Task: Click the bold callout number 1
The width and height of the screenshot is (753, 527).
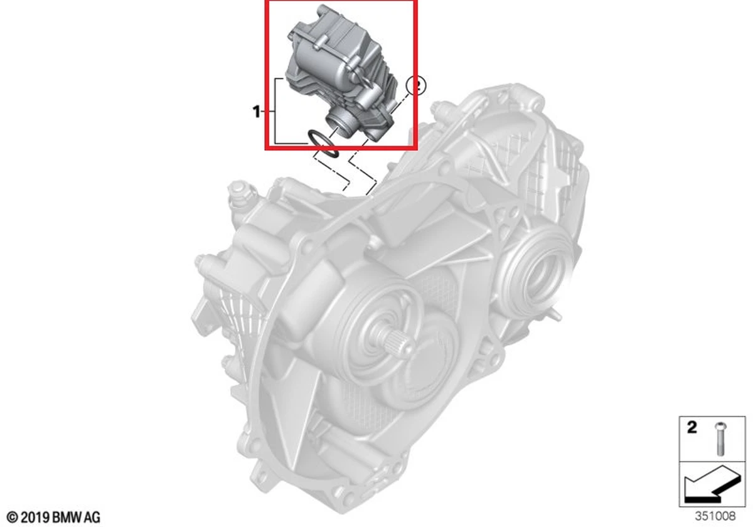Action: pos(256,111)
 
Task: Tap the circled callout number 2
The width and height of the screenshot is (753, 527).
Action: pos(416,85)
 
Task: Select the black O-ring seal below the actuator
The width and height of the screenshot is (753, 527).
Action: pos(324,144)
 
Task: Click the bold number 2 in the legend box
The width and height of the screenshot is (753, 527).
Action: pos(692,428)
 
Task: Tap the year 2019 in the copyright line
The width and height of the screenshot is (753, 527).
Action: pos(35,517)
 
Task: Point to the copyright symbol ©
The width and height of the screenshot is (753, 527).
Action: pos(12,517)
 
